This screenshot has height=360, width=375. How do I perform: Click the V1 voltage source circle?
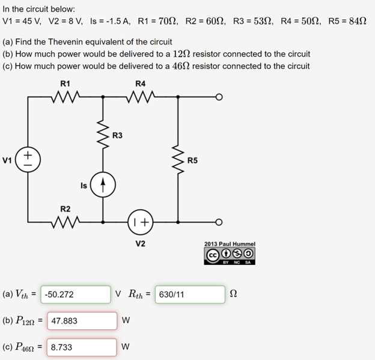click(28, 159)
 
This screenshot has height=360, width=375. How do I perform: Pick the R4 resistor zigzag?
click(141, 96)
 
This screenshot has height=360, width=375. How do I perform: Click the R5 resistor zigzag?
click(178, 159)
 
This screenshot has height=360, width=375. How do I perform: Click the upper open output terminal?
click(221, 96)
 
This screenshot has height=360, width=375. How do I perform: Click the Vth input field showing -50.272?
click(76, 294)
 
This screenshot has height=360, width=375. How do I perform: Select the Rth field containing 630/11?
click(189, 294)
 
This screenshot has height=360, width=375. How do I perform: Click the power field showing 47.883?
click(82, 321)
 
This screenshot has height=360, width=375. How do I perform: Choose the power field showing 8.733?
click(82, 347)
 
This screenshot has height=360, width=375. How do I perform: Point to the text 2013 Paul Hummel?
click(230, 244)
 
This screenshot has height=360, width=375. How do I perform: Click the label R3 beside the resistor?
click(118, 135)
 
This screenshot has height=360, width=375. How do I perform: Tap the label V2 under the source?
click(140, 243)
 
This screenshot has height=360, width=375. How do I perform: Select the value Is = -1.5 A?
click(110, 21)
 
